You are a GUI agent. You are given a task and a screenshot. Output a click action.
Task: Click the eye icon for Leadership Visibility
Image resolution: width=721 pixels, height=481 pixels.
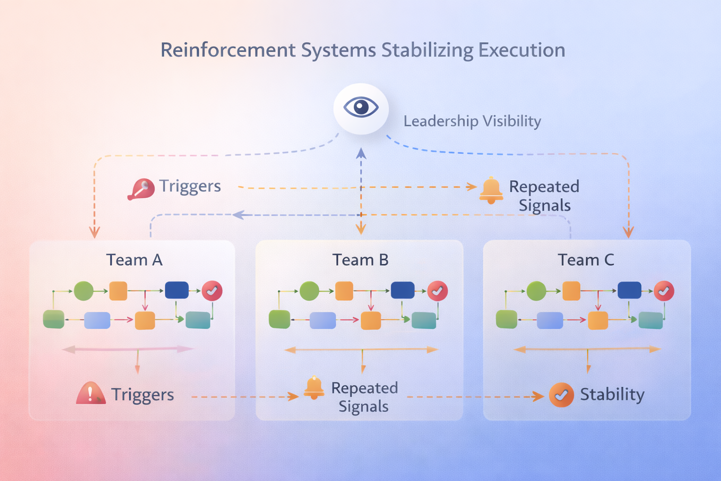(360, 108)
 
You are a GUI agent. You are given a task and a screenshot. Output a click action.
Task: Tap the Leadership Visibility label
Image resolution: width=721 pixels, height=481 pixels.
(472, 121)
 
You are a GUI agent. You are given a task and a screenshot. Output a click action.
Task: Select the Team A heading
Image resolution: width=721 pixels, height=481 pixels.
(134, 260)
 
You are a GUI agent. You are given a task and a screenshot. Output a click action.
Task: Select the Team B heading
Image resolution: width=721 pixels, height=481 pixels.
(360, 260)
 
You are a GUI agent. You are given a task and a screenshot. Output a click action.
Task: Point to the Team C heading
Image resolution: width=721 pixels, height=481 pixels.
(586, 260)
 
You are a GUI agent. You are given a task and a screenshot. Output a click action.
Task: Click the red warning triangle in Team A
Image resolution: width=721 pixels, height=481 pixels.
(91, 394)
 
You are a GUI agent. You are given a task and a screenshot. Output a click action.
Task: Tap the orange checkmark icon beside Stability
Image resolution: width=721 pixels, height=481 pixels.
(561, 395)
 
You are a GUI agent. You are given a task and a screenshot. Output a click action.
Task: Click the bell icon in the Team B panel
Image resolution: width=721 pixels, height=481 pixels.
(314, 388)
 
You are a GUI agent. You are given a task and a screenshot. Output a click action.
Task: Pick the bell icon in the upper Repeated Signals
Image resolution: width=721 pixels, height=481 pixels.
(491, 190)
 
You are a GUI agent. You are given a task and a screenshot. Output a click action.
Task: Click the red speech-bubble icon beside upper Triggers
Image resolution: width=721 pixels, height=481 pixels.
(141, 189)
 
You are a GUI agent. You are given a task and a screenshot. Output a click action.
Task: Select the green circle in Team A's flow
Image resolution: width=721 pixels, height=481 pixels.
(84, 291)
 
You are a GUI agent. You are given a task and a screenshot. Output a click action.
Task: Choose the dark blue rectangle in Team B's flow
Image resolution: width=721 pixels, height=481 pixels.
(402, 290)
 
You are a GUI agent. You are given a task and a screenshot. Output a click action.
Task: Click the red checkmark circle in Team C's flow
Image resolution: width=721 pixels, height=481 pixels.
(664, 291)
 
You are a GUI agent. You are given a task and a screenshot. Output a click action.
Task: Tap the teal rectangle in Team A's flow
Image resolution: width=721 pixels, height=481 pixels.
(198, 320)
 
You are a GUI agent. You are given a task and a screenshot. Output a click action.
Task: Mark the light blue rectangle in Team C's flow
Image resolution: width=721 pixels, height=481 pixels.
(550, 320)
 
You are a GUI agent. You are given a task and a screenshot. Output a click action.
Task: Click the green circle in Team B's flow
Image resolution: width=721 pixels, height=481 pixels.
(309, 291)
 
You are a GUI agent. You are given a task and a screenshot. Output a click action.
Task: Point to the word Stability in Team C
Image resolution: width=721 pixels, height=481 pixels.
(612, 395)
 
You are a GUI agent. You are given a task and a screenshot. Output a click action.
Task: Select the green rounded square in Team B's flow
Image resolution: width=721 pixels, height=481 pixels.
(279, 319)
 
